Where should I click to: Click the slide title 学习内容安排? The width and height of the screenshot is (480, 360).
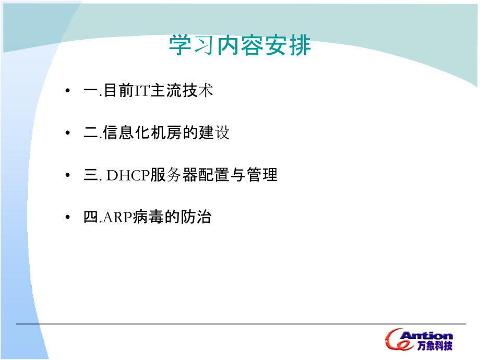[x=240, y=46]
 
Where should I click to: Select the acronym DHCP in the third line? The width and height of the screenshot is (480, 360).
[x=128, y=175]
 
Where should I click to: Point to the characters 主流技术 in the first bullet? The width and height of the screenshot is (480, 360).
[x=182, y=91]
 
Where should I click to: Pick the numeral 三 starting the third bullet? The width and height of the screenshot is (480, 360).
[x=90, y=175]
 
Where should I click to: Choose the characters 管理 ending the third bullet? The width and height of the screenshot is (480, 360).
[x=262, y=175]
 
